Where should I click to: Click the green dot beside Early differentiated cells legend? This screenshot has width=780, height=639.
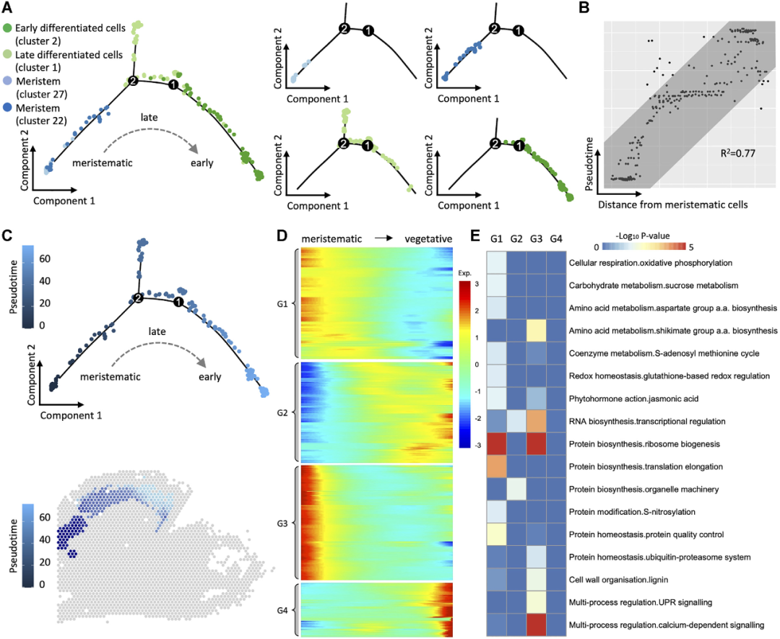pos(7,28)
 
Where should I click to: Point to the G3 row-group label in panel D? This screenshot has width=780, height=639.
pos(282,522)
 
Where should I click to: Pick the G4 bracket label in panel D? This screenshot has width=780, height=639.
pos(282,610)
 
